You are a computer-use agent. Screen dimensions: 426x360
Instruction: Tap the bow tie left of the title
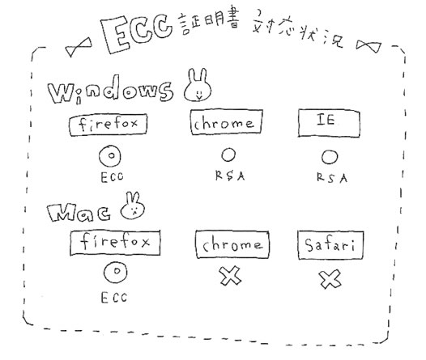tap(79, 47)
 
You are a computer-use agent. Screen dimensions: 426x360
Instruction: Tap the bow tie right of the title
tap(368, 45)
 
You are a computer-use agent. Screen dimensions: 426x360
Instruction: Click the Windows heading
tap(111, 90)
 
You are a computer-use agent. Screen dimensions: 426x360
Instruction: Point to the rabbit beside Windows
tap(198, 85)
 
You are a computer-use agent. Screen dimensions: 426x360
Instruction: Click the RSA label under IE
tap(332, 178)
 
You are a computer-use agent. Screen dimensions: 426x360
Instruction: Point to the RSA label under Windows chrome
tap(230, 176)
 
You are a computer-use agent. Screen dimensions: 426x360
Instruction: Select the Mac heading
tap(79, 212)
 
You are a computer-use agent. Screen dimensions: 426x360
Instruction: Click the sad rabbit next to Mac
tap(133, 206)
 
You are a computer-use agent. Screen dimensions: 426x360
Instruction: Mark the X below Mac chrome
tap(230, 276)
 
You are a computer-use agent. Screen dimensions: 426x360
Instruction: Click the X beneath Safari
tap(330, 279)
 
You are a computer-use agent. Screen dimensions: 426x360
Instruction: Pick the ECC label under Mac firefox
tap(114, 298)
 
